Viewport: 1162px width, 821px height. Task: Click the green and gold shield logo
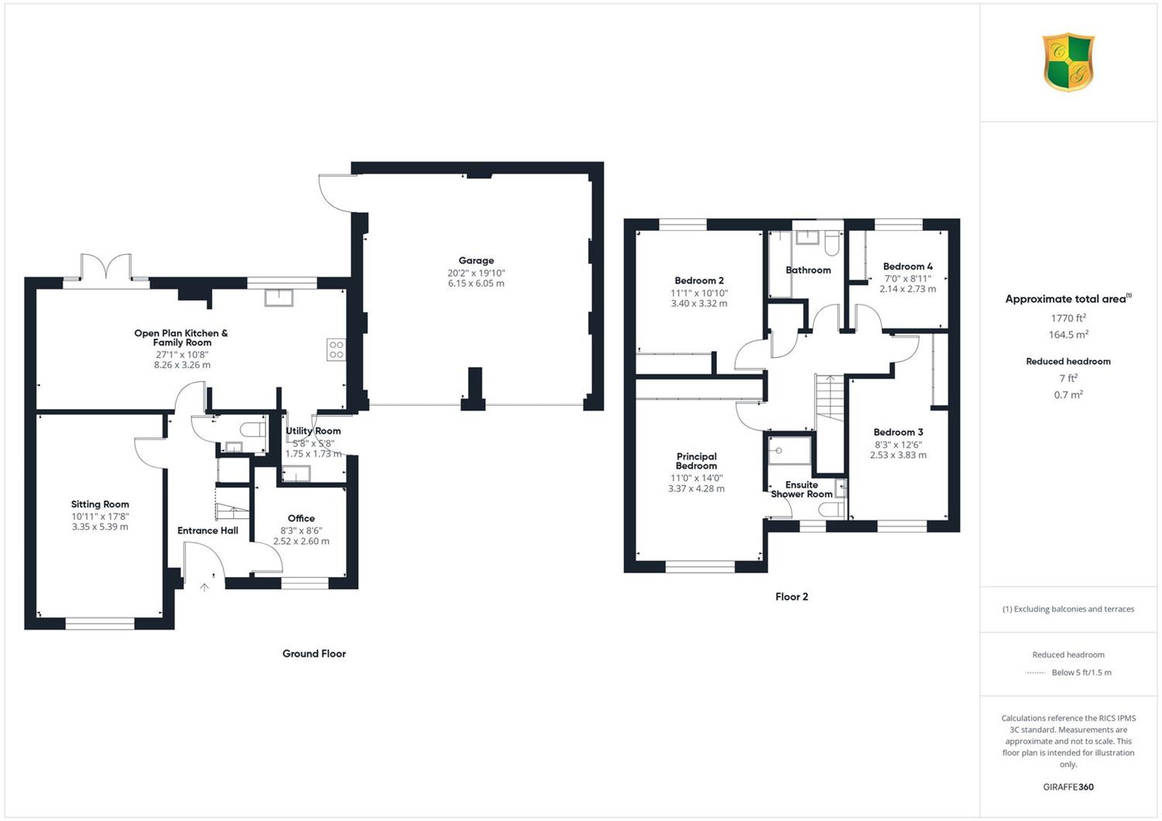tap(1068, 62)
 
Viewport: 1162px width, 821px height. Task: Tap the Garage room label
tap(476, 260)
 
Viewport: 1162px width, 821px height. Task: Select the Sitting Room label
tap(100, 504)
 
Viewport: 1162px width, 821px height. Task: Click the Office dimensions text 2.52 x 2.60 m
tap(301, 541)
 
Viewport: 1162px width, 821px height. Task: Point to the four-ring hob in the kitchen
tap(336, 349)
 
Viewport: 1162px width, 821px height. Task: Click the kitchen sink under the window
tap(279, 298)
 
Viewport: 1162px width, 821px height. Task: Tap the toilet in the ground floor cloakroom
tap(253, 430)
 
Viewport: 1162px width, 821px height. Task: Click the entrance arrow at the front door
tap(205, 587)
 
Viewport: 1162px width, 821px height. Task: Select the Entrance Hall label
tap(208, 531)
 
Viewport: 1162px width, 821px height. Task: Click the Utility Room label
tap(313, 431)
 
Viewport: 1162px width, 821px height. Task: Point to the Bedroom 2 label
tap(699, 280)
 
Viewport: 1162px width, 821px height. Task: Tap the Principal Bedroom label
tap(696, 461)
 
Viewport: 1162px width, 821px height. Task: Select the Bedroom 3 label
tap(898, 432)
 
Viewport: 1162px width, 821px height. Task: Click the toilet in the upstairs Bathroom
tap(831, 243)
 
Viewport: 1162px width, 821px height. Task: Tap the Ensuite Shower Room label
tap(802, 489)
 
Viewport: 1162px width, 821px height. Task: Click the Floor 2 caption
tap(792, 597)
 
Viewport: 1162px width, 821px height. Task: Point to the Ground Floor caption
tap(314, 654)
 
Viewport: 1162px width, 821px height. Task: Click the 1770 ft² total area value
tap(1068, 318)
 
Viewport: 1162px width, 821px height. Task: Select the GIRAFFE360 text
tap(1068, 787)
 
